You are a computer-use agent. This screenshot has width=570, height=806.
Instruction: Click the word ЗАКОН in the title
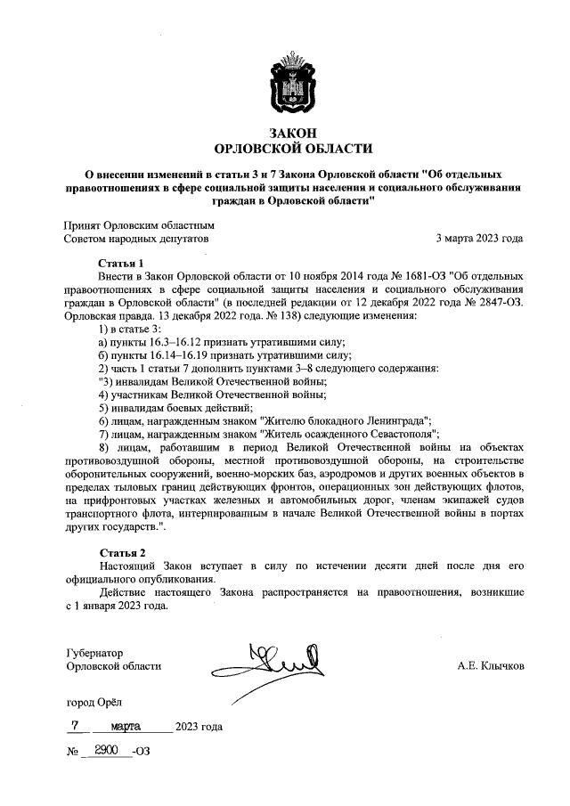pyautogui.click(x=284, y=132)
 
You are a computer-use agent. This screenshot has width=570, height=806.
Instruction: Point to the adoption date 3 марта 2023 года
pyautogui.click(x=479, y=239)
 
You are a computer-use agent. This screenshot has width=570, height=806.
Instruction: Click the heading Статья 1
pyautogui.click(x=119, y=263)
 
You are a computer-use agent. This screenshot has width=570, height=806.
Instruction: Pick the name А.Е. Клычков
pyautogui.click(x=490, y=665)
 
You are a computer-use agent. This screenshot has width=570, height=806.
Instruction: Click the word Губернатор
pyautogui.click(x=94, y=651)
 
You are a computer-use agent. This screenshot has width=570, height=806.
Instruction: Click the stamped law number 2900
pyautogui.click(x=107, y=752)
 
